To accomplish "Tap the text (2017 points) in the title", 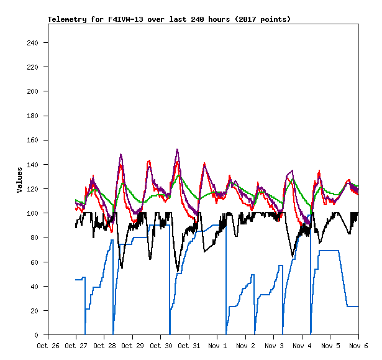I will (x=261, y=19).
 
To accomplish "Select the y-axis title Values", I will (x=20, y=180).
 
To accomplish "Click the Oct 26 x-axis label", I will (x=48, y=346).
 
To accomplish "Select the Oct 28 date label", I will (x=104, y=346).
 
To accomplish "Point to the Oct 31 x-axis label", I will (x=189, y=346).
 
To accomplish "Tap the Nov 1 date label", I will (x=217, y=346).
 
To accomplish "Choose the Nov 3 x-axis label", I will (x=274, y=346).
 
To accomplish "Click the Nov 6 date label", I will (x=358, y=346).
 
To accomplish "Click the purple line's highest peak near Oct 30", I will (x=178, y=150).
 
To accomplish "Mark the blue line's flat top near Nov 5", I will (x=329, y=251).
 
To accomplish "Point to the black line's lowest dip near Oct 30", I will (x=178, y=271).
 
